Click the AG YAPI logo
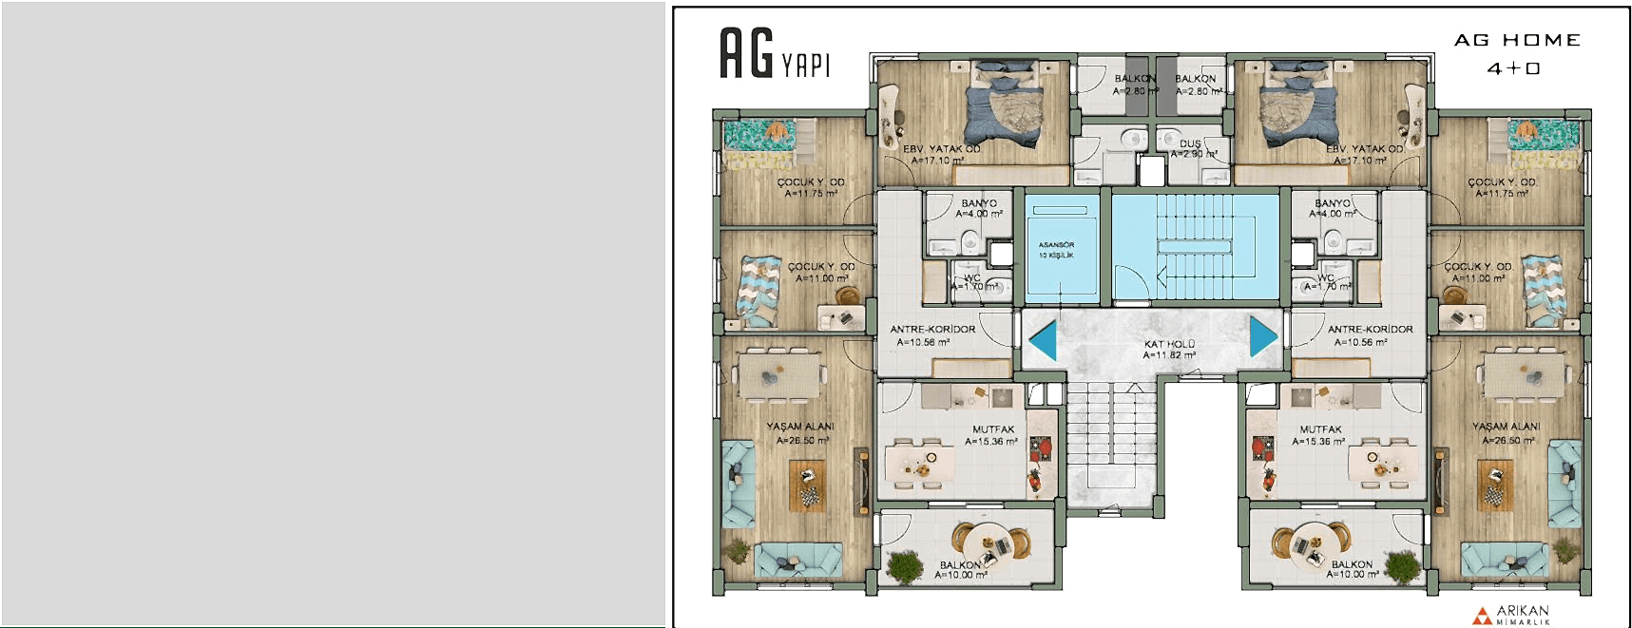[x=774, y=54]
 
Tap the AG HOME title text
[x=1517, y=41]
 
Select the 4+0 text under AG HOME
[x=1513, y=68]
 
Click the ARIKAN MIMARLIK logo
[x=1512, y=615]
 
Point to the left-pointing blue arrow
[x=1044, y=340]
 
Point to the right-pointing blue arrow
[x=1262, y=336]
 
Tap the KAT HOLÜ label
[x=1169, y=344]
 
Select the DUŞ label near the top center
[x=1190, y=144]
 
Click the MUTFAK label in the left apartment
[x=993, y=429]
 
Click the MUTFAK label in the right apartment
[x=1320, y=429]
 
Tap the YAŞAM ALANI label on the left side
[x=800, y=427]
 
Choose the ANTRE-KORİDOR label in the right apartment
[x=1370, y=330]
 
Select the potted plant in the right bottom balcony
[x=1401, y=566]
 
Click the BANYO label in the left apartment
[x=979, y=203]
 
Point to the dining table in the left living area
[x=779, y=373]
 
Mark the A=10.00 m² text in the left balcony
[x=961, y=575]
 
